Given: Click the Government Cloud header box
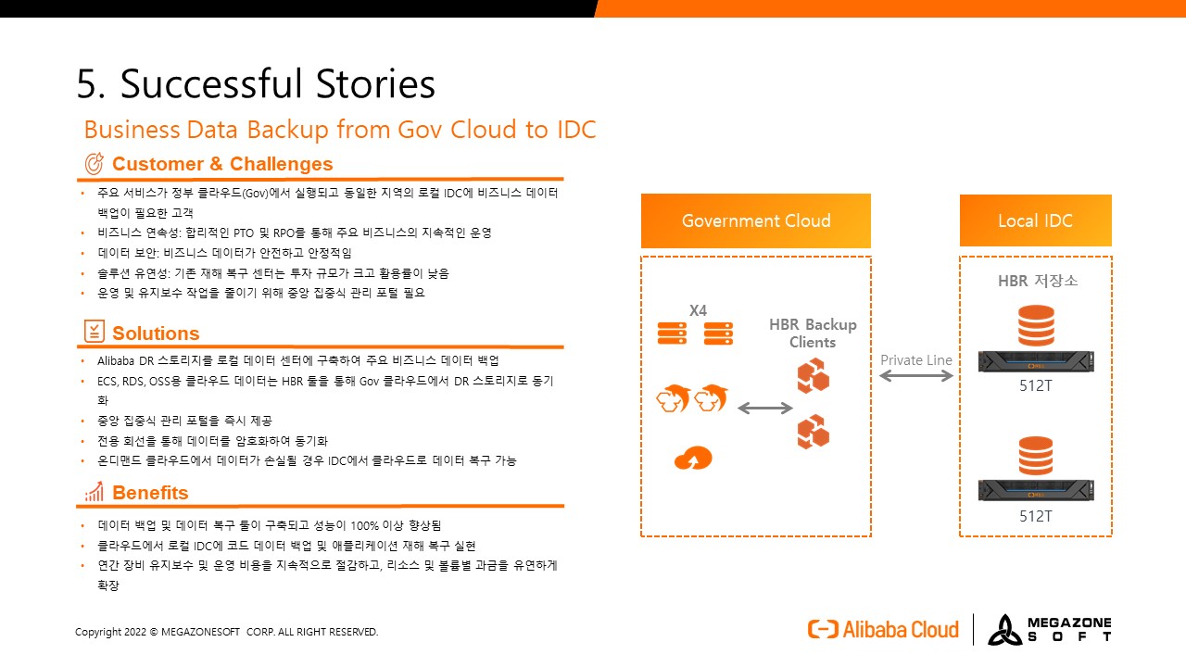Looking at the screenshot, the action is pos(755,220).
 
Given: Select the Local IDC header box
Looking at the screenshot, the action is pos(1036,220).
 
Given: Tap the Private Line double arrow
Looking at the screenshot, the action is pos(916,376).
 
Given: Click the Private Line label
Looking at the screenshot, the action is pos(916,360).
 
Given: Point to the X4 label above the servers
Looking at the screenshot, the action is pos(698,310).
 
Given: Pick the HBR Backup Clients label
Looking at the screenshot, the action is pos(813,333).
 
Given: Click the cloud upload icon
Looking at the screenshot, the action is pos(693,459).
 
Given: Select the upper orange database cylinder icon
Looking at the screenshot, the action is pos(1036,325).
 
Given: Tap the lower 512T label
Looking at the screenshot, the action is pos(1036,516).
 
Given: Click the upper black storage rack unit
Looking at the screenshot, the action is pos(1036,361).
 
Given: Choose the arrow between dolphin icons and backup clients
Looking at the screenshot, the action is pos(765,408).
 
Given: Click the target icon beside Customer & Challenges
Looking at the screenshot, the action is pos(95,164).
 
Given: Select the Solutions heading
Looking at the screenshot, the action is pos(156,333).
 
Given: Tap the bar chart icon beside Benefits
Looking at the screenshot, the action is pos(95,492).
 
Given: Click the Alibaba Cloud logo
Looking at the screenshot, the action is pos(883,629).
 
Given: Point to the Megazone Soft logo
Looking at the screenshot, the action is pos(1050,629).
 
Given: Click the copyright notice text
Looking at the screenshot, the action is pos(227,632).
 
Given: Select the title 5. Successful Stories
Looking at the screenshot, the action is pos(256,83).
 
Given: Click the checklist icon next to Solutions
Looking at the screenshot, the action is pos(95,332).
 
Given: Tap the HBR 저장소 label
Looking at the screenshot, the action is pos(1038,281).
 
